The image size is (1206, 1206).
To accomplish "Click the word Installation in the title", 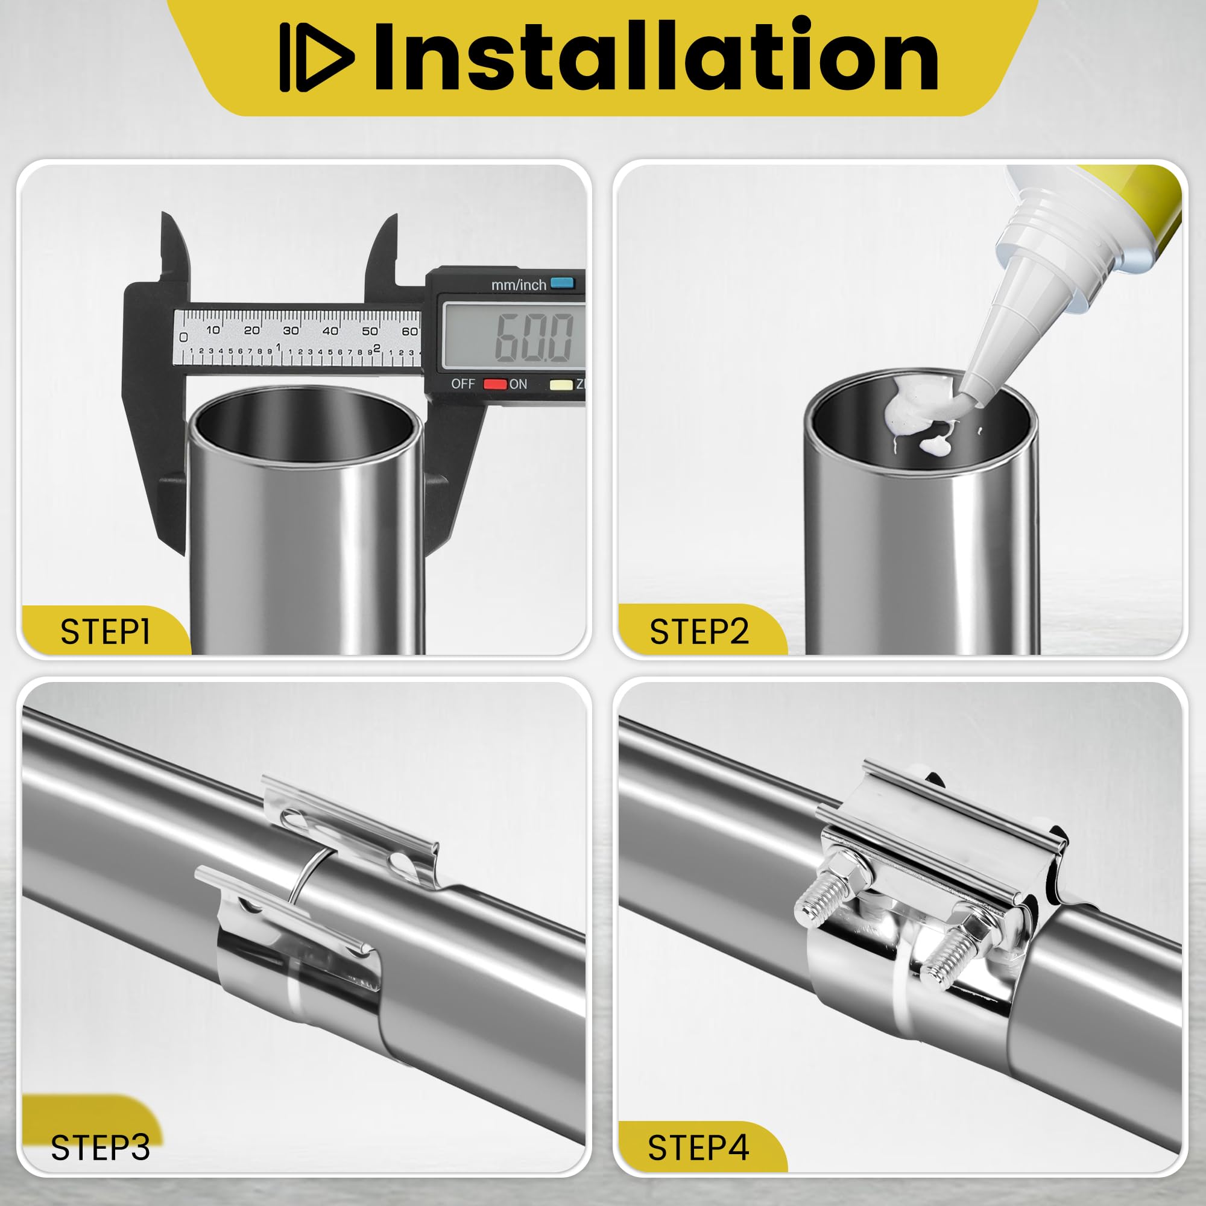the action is [655, 55].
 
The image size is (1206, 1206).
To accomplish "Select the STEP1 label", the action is [106, 632].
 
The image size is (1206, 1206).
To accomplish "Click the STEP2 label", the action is [699, 631].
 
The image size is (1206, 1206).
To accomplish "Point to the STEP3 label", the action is [101, 1148].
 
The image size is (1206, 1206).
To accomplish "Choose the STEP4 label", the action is [698, 1148].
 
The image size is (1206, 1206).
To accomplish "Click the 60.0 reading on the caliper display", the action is [534, 337].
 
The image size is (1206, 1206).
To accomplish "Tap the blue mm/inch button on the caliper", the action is [562, 283].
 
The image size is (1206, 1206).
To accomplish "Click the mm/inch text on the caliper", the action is [518, 285].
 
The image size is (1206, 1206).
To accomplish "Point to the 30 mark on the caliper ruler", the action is [291, 330].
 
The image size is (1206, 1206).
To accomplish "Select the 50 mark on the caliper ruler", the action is [370, 330].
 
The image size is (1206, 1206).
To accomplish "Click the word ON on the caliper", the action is [518, 384].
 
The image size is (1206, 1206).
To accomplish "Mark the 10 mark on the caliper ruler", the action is [213, 330].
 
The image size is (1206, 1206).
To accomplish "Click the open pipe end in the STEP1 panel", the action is [305, 431].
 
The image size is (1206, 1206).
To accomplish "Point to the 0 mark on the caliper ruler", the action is [183, 337].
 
